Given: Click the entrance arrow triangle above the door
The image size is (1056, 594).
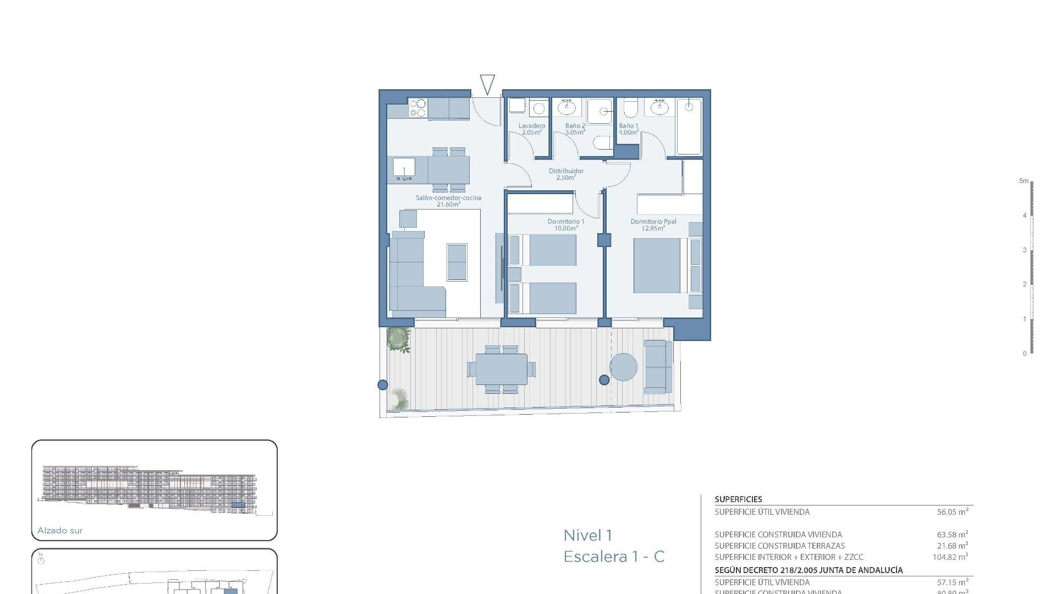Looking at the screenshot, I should [x=487, y=84].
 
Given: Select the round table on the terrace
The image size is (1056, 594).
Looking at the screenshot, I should [x=623, y=366].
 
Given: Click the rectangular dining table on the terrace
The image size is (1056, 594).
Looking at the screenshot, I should [x=501, y=369].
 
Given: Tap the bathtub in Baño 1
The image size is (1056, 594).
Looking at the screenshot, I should [x=689, y=127].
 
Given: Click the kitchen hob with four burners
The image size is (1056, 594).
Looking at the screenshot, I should [x=418, y=108].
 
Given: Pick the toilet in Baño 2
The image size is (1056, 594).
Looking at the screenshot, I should [x=603, y=144].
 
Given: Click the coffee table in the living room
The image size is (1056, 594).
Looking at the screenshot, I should [x=457, y=262].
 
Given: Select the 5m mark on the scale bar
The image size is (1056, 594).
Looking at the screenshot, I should [x=1024, y=181].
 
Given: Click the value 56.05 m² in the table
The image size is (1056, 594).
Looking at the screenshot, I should [x=952, y=512].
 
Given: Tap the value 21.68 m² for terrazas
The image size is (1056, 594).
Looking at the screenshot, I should [x=952, y=546].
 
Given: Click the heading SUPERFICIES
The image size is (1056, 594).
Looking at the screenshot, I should [x=738, y=499].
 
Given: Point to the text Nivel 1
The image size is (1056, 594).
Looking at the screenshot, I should [x=587, y=535].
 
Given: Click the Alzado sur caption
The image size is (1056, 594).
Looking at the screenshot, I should [x=60, y=531].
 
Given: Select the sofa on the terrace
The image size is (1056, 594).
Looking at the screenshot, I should [x=657, y=366].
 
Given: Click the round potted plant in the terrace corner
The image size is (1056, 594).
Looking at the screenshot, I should [x=398, y=338].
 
